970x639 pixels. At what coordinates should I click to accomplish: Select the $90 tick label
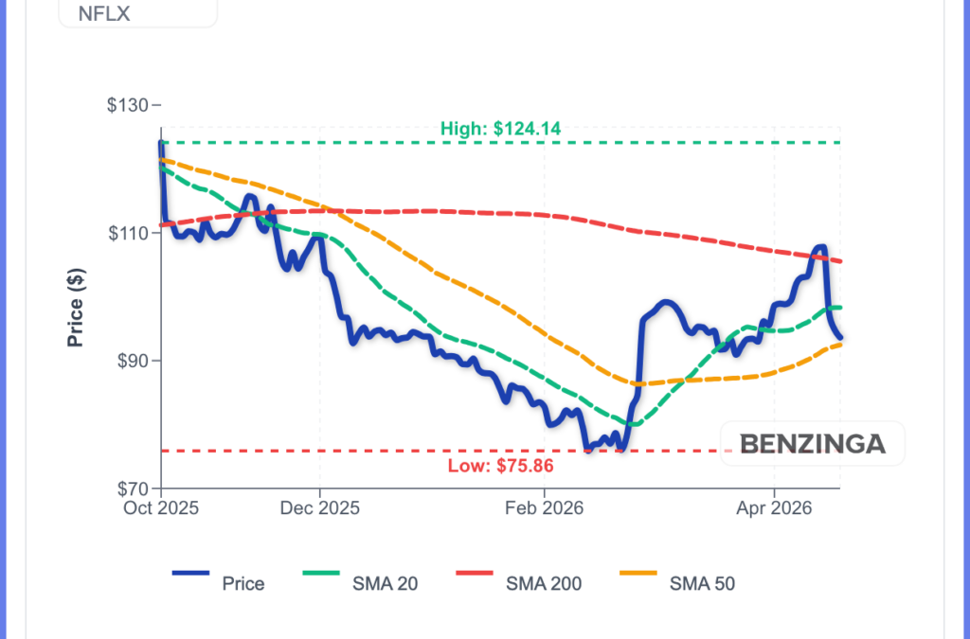(x=133, y=361)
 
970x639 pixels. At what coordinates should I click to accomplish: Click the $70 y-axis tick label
(x=133, y=488)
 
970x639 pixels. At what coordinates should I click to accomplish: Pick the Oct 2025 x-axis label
(x=161, y=508)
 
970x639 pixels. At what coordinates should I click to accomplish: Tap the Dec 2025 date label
(x=320, y=508)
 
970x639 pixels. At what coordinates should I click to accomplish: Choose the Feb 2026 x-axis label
(x=545, y=508)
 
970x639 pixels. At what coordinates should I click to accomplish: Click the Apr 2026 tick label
(x=775, y=508)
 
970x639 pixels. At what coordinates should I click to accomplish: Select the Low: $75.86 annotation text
(x=500, y=466)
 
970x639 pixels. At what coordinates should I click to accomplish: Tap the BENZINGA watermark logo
(x=812, y=443)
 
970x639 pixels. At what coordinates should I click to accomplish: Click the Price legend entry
(x=242, y=583)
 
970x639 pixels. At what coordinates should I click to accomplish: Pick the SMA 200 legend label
(x=544, y=583)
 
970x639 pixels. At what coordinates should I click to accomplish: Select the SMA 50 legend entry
(x=702, y=583)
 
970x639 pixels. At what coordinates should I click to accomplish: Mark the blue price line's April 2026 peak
(x=819, y=247)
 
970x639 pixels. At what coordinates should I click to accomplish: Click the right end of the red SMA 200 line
(x=841, y=261)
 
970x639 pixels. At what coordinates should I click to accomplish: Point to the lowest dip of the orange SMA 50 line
(x=637, y=383)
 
